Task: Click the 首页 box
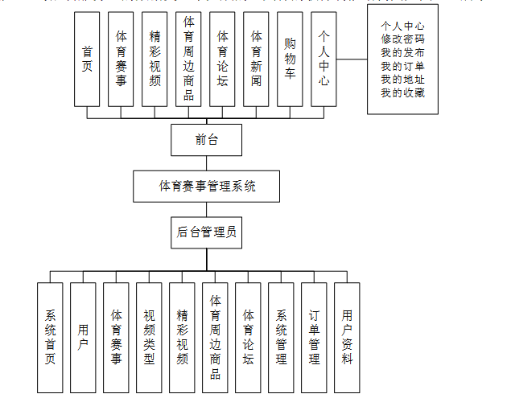pos(87,59)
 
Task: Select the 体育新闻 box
pos(257,59)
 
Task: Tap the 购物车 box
pos(291,59)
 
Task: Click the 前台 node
pos(206,140)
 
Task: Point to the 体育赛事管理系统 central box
pos(207,186)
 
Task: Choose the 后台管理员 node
pos(206,233)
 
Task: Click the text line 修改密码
pos(403,39)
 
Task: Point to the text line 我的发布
pos(403,52)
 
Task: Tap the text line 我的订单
pos(403,66)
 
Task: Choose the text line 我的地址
pos(403,80)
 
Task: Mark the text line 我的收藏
pos(403,93)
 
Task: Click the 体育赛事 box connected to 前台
pos(121,59)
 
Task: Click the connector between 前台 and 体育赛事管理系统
pos(206,163)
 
